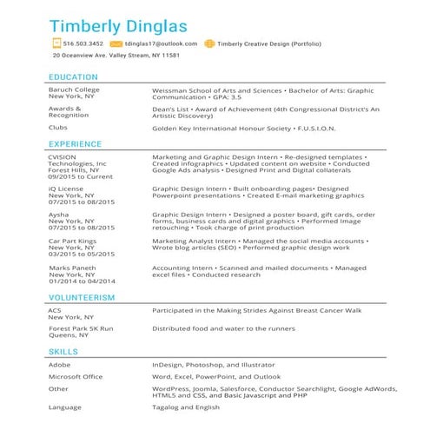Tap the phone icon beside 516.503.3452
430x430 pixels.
tap(56, 43)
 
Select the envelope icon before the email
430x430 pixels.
tap(116, 43)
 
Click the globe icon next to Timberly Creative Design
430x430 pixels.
tap(208, 43)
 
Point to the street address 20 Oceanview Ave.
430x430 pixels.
tap(116, 56)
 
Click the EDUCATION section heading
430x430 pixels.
tap(73, 76)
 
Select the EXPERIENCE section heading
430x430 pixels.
tap(76, 143)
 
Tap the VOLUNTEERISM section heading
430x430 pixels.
tap(83, 298)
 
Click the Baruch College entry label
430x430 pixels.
tap(75, 89)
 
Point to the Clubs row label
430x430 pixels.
tap(58, 128)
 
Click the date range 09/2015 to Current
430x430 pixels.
tap(81, 176)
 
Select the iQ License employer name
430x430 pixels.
tap(66, 188)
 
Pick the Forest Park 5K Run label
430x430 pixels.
tap(82, 328)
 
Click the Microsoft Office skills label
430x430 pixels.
tap(76, 377)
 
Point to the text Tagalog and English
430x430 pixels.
tap(189, 407)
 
